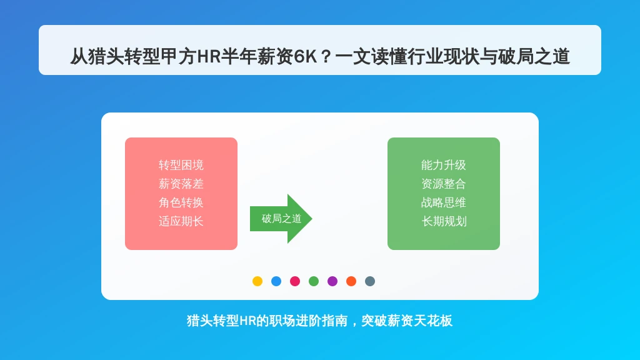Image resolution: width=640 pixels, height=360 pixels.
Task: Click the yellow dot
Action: tap(257, 281)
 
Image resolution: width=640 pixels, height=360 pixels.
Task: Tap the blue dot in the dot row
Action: tap(276, 281)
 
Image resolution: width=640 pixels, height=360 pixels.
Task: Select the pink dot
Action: tap(295, 281)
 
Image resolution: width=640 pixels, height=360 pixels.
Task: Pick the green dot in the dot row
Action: tap(314, 281)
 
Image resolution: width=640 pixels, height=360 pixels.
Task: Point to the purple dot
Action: tap(332, 281)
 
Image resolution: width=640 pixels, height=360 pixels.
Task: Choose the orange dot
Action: tap(351, 281)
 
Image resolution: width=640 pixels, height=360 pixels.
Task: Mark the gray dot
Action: tap(370, 281)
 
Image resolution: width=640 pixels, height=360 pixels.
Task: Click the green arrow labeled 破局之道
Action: tap(281, 219)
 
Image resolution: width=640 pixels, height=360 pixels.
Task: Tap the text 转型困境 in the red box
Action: tap(181, 165)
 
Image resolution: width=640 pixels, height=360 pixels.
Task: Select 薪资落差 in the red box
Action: tap(181, 184)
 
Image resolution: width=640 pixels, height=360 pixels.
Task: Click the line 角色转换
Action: tap(181, 203)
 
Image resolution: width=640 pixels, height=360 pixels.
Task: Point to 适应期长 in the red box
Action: tap(181, 222)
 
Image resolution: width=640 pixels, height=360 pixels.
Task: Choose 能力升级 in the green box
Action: tap(444, 165)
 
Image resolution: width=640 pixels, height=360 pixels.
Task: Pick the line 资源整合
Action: tap(444, 184)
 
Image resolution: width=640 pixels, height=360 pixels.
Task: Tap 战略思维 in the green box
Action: tap(444, 203)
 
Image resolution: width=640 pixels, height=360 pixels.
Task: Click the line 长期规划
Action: tap(444, 222)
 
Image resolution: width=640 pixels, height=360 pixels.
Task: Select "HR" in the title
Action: tap(209, 57)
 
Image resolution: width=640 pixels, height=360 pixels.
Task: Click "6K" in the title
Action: tap(305, 57)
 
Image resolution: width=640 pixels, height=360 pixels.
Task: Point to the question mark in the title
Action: tap(326, 57)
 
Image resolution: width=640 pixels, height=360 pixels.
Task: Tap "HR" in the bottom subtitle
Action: tap(247, 321)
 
